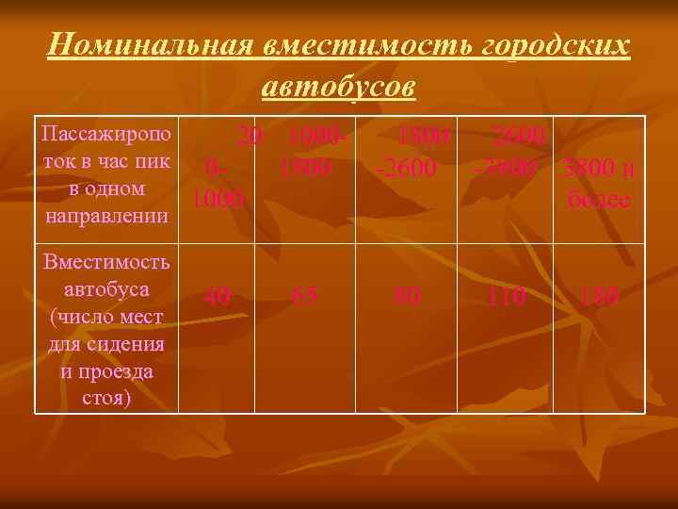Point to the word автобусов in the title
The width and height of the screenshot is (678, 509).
pos(338,86)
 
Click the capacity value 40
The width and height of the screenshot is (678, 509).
pos(218,297)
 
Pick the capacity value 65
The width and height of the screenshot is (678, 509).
pos(304,297)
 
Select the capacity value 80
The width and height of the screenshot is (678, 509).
pos(407,297)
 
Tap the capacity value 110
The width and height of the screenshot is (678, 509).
pos(506,297)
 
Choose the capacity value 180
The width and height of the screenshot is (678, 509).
pos(600,297)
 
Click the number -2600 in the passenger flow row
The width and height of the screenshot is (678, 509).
pos(406,169)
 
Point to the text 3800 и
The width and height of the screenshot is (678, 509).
pos(600,171)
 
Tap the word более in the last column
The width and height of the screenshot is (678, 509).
pos(599,200)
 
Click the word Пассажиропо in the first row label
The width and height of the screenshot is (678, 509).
pos(105,133)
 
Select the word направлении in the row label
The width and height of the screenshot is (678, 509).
pos(105,216)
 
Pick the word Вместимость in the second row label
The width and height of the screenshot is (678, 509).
pos(105,261)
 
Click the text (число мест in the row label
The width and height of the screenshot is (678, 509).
pos(105,316)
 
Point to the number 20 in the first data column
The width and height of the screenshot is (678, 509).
pos(250,137)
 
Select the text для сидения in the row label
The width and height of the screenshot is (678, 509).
pos(105,343)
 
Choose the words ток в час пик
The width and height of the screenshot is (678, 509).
pos(105,160)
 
